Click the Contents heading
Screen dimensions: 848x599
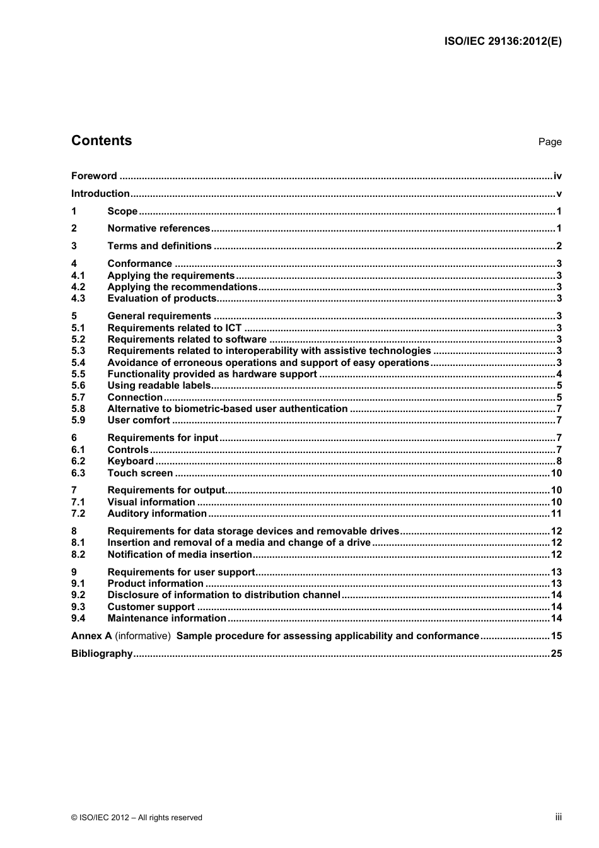[102, 141]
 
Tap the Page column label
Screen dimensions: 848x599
[549, 142]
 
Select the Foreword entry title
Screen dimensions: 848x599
[94, 176]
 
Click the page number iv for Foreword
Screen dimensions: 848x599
[557, 176]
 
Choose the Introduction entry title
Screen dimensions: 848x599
[100, 194]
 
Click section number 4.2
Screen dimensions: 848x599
[78, 287]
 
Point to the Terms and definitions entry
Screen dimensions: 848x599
[160, 246]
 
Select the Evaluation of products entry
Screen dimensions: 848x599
[162, 298]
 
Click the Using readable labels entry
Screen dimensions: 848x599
[159, 386]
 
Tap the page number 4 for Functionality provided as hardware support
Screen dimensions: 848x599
[559, 374]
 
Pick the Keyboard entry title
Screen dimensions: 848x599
[131, 461]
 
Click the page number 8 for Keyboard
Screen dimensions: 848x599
[559, 461]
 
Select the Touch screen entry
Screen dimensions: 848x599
[140, 473]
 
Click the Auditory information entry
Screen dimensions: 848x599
[157, 514]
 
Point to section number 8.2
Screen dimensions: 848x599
[78, 555]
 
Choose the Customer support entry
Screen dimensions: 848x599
[151, 607]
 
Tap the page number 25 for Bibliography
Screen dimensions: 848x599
[556, 654]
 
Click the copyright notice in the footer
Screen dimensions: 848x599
[137, 818]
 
